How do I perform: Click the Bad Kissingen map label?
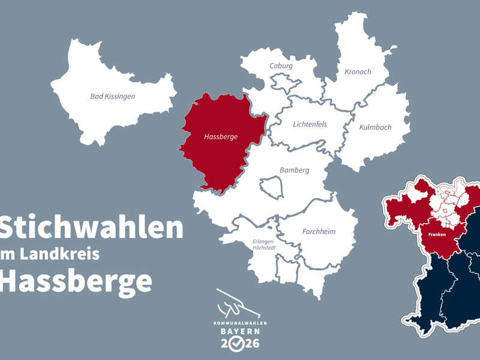pos(113,96)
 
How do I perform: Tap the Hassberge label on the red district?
pos(221,137)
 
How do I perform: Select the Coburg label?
pos(281,65)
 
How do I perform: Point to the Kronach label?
pos(358,71)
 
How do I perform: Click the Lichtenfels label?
pos(310,124)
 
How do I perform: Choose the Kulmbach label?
pos(375,127)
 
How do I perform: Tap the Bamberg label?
pos(294,170)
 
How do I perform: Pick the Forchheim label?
pos(319,231)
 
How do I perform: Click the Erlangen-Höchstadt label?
pos(265,245)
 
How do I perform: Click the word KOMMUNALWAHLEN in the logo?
pos(239,323)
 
